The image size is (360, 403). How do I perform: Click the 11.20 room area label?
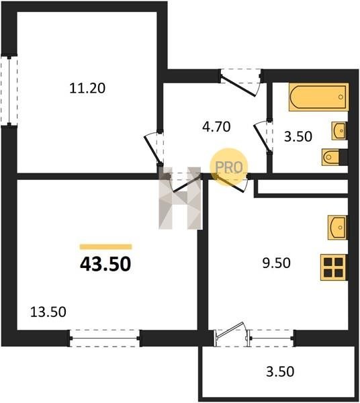click(87, 88)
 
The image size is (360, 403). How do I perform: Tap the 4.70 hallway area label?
click(216, 127)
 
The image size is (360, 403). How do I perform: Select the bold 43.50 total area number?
click(105, 265)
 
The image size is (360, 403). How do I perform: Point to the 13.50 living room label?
click(48, 312)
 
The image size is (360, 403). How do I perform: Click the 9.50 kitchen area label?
click(276, 263)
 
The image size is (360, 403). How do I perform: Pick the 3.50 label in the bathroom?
click(298, 136)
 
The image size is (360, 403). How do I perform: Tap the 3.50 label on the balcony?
click(280, 371)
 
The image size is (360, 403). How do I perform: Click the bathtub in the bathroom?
click(318, 97)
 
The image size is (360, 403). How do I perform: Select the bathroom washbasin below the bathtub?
click(339, 131)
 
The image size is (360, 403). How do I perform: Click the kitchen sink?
click(337, 228)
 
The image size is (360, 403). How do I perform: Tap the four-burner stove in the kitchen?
click(334, 267)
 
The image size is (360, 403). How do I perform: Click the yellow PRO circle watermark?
click(228, 167)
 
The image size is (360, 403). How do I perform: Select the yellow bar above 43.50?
click(106, 247)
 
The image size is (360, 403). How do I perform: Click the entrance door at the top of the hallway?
click(240, 82)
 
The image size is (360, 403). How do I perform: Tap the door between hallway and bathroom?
click(263, 137)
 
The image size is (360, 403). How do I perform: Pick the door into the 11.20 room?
click(154, 149)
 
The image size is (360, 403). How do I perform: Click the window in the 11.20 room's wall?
click(9, 91)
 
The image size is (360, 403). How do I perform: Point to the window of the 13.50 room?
click(105, 339)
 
